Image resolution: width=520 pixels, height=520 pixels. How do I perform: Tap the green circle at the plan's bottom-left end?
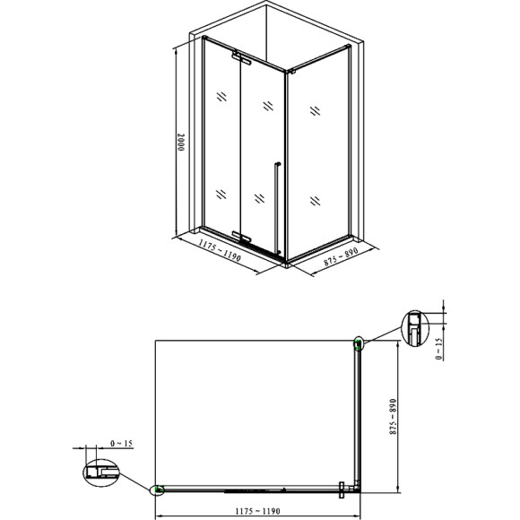[159, 490]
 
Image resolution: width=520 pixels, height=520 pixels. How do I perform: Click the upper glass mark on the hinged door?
[267, 105]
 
